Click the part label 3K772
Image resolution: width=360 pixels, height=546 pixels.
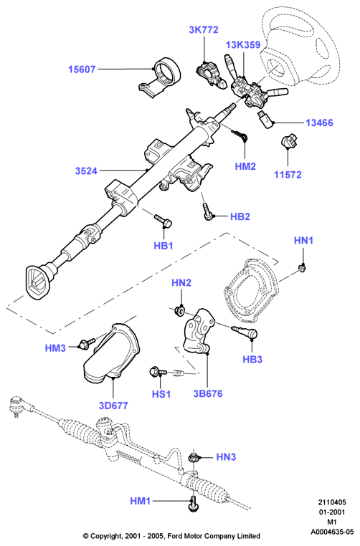tap(204, 30)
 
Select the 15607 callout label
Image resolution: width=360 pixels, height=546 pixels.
tap(82, 70)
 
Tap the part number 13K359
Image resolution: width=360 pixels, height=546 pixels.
tap(243, 45)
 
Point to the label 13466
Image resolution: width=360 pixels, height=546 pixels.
tap(319, 123)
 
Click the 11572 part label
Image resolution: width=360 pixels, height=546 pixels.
tap(288, 174)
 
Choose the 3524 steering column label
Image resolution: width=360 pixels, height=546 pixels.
tap(86, 171)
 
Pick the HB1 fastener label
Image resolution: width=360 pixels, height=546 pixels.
tap(164, 246)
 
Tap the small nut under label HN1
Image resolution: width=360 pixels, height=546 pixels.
tap(303, 267)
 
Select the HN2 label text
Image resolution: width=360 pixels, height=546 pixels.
tap(181, 283)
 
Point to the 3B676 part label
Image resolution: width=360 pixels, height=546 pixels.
tap(208, 393)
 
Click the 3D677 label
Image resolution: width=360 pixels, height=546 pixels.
tap(113, 406)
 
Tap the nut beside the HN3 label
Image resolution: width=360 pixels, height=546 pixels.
tap(193, 457)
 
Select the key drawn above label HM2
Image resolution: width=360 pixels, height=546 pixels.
tap(240, 135)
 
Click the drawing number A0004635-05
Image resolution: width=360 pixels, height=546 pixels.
tap(333, 532)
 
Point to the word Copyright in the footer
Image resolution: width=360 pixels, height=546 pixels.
tap(105, 536)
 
